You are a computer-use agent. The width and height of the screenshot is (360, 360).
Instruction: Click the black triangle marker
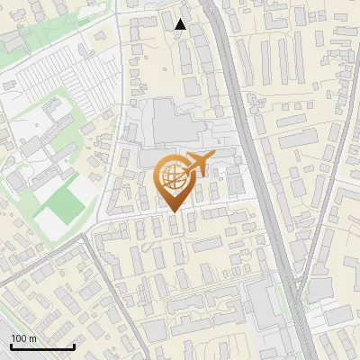point(181,25)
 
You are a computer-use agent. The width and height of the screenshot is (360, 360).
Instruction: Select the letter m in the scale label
point(33,338)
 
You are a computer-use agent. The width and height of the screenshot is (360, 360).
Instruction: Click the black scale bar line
point(42,346)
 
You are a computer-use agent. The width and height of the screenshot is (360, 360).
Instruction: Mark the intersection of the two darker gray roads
point(89,232)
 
